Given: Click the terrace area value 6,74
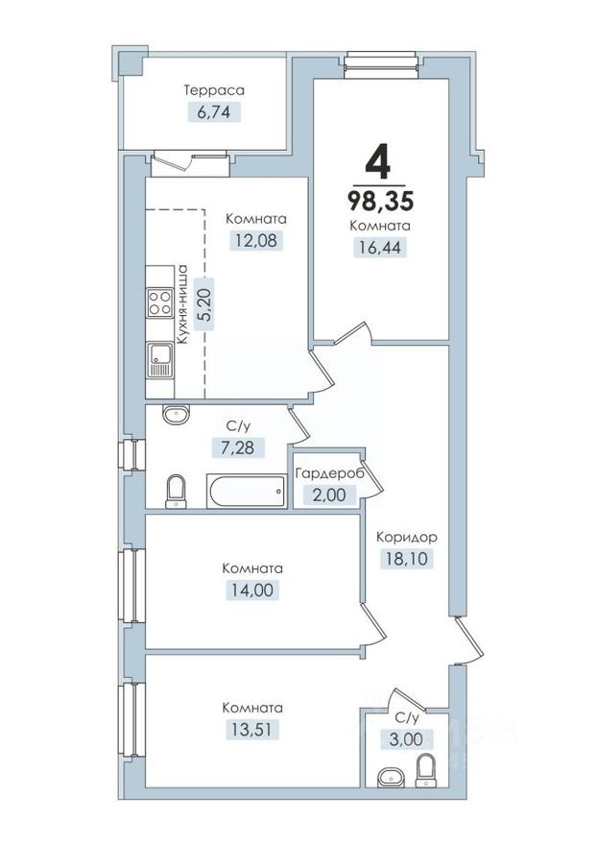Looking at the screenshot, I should [214, 111].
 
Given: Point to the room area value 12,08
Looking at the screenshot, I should [256, 240].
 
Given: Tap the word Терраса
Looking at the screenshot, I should [214, 90].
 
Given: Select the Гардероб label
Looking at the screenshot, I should [327, 474].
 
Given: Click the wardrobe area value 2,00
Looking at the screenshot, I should [327, 495].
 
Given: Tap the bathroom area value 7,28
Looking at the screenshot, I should [238, 447].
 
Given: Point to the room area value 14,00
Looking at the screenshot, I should [251, 590].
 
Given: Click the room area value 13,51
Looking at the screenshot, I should [251, 729].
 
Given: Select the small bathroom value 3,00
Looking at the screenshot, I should [407, 738].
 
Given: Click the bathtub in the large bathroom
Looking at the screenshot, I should [248, 492].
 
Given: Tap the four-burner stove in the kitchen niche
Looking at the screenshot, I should [159, 302].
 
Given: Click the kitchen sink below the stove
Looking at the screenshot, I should [159, 362].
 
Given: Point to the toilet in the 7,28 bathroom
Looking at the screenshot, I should [176, 492].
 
